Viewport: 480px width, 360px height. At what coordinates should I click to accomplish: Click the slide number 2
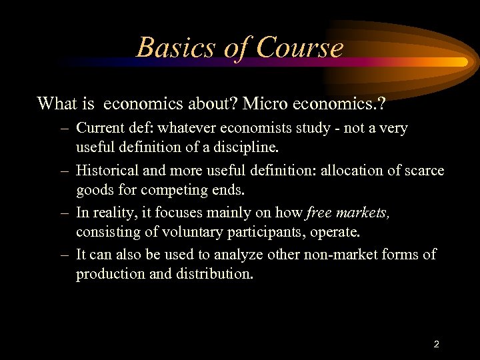pos(436,345)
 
